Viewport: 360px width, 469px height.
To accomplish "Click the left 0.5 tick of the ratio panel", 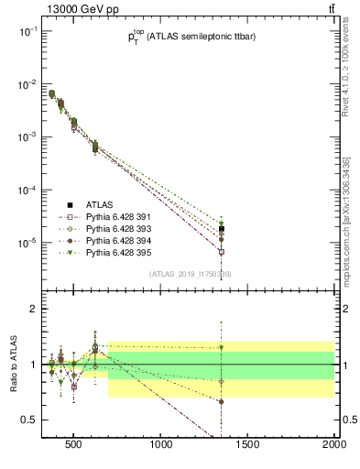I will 30,420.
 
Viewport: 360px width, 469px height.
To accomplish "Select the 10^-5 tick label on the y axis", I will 27,243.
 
